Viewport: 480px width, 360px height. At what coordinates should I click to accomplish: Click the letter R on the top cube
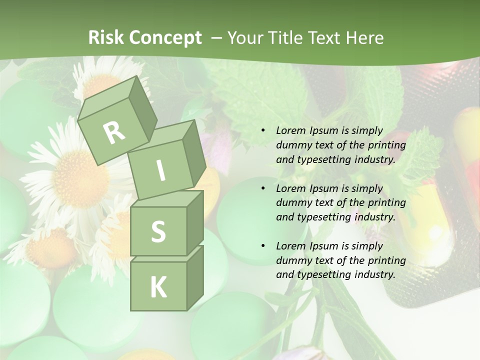[114, 132]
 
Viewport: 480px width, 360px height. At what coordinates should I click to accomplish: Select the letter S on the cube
[158, 232]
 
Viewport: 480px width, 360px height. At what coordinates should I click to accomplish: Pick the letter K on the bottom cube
[158, 287]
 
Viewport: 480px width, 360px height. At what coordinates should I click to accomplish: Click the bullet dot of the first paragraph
[263, 131]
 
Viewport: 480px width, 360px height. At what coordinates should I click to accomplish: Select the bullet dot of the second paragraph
[263, 188]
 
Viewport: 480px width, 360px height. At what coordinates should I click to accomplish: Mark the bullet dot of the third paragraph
[263, 246]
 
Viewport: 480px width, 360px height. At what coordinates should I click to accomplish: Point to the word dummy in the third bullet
[292, 260]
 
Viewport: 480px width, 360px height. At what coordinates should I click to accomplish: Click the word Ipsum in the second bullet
[324, 188]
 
